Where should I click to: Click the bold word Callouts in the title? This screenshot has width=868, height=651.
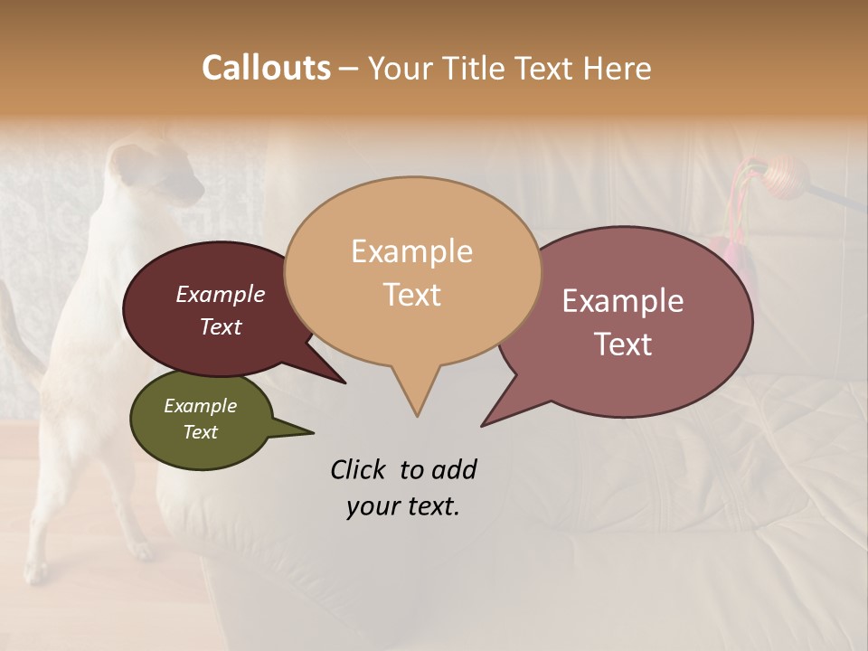pyautogui.click(x=266, y=68)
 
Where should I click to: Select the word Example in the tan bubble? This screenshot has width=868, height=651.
pyautogui.click(x=411, y=251)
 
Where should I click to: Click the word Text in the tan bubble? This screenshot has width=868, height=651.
pyautogui.click(x=411, y=294)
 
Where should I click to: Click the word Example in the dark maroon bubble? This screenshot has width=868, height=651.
pyautogui.click(x=220, y=294)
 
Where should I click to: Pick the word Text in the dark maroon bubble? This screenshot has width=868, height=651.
pyautogui.click(x=220, y=326)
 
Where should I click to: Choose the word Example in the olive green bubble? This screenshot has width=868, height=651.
pyautogui.click(x=200, y=406)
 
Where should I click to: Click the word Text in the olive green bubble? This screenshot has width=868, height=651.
pyautogui.click(x=200, y=432)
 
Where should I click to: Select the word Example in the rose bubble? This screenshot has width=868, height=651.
pyautogui.click(x=622, y=301)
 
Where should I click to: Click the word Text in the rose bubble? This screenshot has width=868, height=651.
pyautogui.click(x=622, y=344)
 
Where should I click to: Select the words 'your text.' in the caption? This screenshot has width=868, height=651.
pyautogui.click(x=402, y=506)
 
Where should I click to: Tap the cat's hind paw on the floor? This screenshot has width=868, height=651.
pyautogui.click(x=36, y=570)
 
